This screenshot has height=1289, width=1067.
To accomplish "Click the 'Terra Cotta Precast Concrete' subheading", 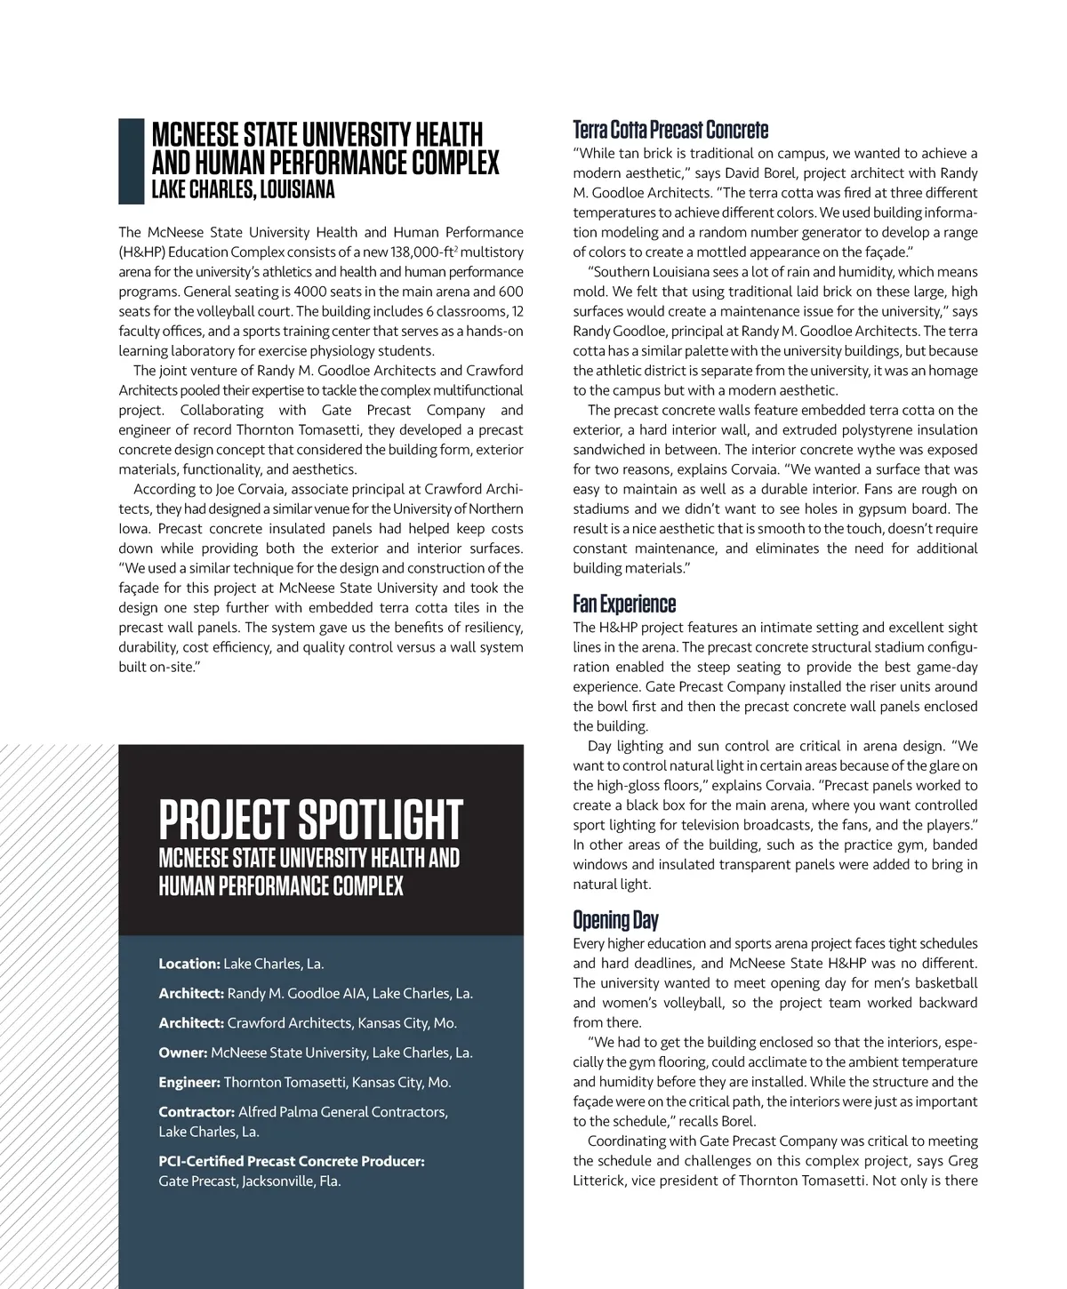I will [x=670, y=130].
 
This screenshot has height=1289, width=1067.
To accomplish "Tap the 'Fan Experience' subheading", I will [x=624, y=604].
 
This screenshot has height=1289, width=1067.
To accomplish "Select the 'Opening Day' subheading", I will [x=615, y=920].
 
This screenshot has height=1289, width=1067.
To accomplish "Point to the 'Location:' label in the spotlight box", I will [x=189, y=964].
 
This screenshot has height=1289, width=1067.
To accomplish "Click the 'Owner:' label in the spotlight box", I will [x=182, y=1053].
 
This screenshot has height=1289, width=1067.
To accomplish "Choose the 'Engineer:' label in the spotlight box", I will [x=189, y=1082].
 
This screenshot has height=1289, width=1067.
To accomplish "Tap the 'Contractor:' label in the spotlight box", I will [x=196, y=1112].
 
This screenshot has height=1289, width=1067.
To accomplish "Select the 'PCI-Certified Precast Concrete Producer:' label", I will [x=291, y=1161].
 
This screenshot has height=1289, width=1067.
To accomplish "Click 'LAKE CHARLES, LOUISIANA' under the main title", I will [x=243, y=189].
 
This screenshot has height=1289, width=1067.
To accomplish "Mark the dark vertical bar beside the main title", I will [x=131, y=161].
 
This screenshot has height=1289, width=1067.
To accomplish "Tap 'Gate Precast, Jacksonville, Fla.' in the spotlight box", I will [x=249, y=1181].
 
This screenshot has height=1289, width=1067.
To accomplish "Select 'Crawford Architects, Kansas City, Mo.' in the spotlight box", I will [x=341, y=1023].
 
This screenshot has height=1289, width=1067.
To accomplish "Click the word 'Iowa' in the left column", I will [x=133, y=529].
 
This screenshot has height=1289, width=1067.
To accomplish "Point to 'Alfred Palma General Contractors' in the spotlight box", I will [x=342, y=1112].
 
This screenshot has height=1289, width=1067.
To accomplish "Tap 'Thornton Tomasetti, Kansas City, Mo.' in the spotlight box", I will [x=337, y=1082].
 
